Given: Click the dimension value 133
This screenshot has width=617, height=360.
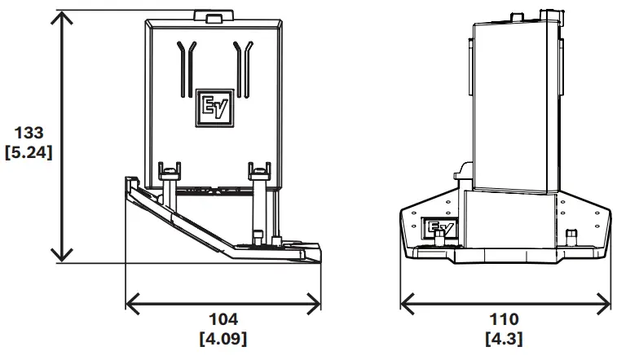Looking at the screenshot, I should pos(29,133).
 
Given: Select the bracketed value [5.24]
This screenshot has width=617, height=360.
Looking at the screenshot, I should pos(29,152).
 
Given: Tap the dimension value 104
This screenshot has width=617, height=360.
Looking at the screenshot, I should pos(223,318).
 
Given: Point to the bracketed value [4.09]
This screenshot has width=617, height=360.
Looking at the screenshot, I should pos(223,337).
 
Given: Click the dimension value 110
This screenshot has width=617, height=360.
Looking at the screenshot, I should pos(505,318).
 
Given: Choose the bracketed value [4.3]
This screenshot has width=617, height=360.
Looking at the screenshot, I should pos(505,337).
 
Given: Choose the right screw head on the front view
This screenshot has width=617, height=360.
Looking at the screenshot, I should pos(259,169).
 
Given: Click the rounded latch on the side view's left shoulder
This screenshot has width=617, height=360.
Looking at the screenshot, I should pos(461,169).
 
